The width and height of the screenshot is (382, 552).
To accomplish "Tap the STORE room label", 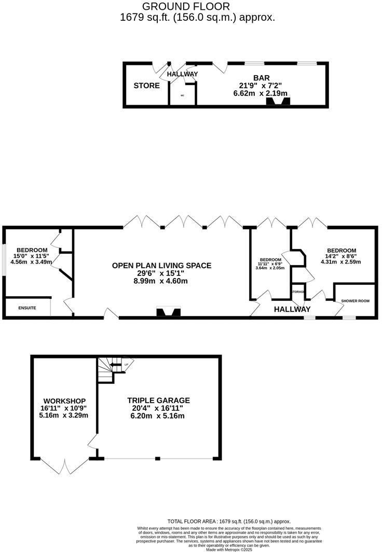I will tap(147, 86).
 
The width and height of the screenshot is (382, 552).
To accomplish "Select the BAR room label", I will tap(261, 78).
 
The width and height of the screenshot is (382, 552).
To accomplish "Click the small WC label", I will tap(183, 96).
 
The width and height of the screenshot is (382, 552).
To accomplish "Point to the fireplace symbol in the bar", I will tap(277, 102).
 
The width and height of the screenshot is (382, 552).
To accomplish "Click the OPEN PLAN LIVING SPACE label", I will tap(162, 266).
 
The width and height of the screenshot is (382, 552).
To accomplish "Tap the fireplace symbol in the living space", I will tap(169, 312).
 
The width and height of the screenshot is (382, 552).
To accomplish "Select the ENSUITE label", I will tap(27, 308).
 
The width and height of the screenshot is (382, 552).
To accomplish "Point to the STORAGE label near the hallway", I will tap(297, 292).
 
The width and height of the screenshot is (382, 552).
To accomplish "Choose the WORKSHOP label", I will tap(64, 401).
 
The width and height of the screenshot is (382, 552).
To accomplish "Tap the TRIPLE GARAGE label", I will tap(159, 401).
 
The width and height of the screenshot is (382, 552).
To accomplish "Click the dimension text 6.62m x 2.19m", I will tap(261, 93).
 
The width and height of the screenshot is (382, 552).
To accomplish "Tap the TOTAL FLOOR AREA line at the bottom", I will tap(229, 521).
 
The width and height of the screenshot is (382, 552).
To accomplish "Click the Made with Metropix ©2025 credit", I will tap(229, 549).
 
